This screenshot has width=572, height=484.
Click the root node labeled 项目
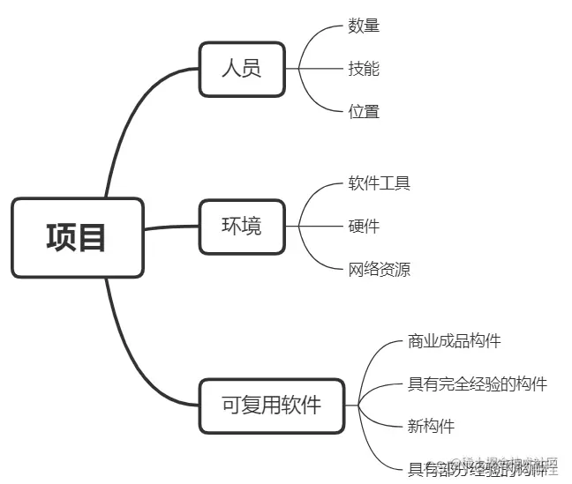[77, 237]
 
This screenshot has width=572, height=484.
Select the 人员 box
[241, 69]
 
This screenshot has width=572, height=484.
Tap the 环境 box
[241, 227]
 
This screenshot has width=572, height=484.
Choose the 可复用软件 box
[271, 406]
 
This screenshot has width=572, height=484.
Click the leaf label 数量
[364, 26]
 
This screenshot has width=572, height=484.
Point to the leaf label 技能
[364, 68]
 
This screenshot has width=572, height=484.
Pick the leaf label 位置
[364, 111]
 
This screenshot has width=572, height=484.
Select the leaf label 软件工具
[380, 183]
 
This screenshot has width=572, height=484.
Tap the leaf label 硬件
[364, 227]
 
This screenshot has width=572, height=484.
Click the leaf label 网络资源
[380, 270]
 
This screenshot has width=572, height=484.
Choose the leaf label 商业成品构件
[455, 340]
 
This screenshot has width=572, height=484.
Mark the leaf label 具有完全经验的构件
[478, 383]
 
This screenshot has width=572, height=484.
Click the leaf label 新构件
[431, 427]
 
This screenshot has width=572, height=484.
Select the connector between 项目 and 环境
[171, 228]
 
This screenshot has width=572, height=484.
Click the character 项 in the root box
[62, 237]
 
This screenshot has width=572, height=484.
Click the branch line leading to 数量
[322, 35]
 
